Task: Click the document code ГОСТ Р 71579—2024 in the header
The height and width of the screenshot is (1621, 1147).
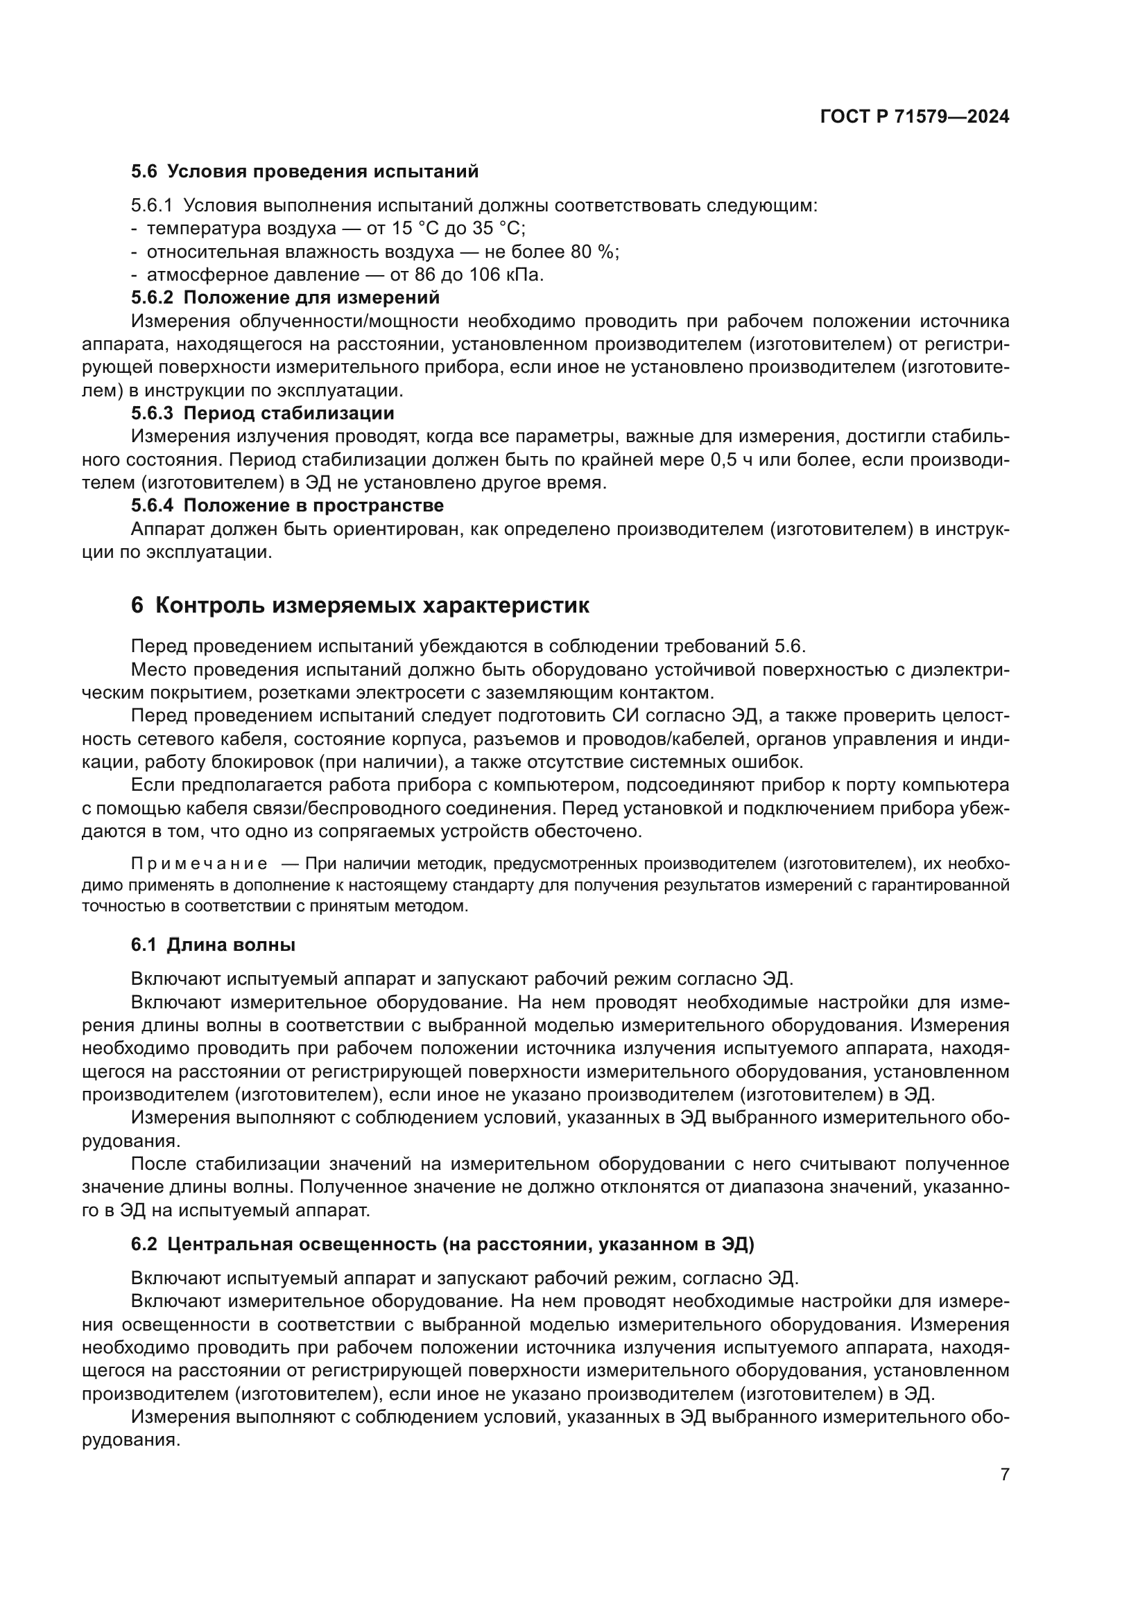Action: pos(914,117)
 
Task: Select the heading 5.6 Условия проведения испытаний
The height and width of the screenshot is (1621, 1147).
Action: pos(304,171)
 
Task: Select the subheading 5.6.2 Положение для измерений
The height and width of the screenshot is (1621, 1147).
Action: pos(285,297)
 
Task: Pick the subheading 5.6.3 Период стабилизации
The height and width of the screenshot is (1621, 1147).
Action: pos(263,413)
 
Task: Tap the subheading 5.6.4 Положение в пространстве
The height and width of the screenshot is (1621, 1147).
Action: pos(288,505)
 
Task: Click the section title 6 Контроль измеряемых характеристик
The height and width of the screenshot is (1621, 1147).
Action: pos(360,606)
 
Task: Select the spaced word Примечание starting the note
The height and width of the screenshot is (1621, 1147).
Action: pos(199,864)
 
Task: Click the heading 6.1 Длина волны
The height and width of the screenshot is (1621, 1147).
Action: pos(214,945)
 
